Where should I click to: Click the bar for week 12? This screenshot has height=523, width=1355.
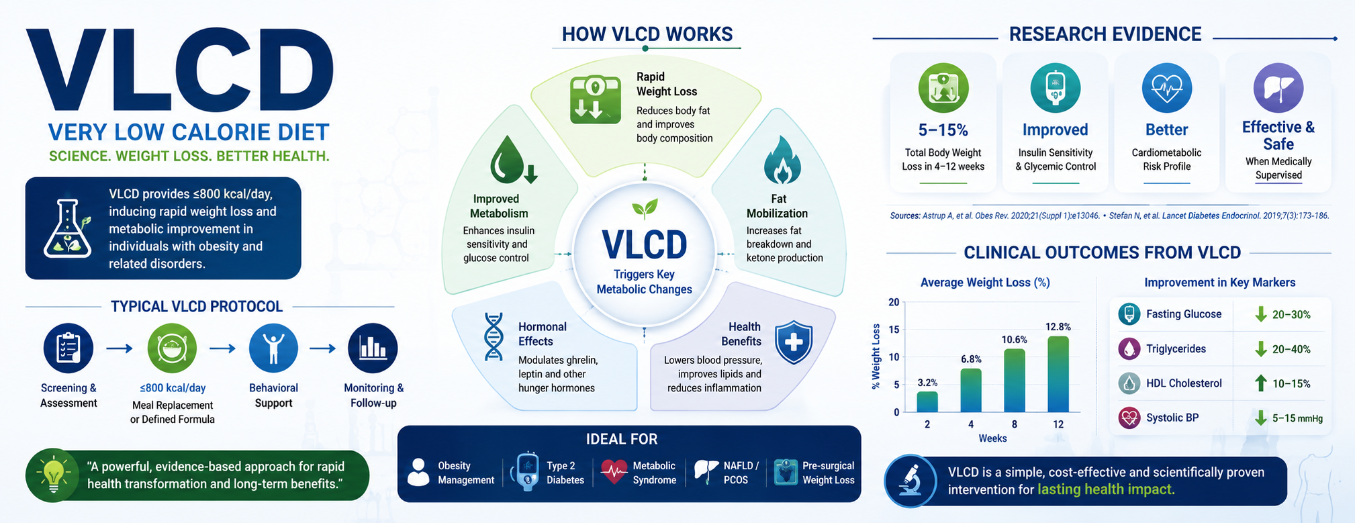point(1058,374)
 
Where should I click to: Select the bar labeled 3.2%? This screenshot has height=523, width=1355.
point(927,401)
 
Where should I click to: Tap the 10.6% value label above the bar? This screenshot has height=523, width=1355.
point(1015,340)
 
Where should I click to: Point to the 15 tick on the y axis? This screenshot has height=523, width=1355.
point(894,330)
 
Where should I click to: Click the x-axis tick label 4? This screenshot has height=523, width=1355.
point(971,424)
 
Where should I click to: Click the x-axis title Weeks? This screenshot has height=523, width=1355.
point(992,438)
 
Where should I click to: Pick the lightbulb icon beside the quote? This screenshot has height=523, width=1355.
point(53,475)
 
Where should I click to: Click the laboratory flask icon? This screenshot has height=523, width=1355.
point(67,229)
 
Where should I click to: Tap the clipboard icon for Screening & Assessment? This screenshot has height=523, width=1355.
point(68,348)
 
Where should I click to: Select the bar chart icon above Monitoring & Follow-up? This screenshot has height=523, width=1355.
point(373,348)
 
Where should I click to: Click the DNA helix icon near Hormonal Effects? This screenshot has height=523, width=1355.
point(494,336)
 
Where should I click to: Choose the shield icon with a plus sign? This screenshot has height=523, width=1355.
point(794,342)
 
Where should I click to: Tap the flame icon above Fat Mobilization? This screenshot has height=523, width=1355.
point(782,160)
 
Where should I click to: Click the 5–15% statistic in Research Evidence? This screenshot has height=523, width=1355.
point(943,130)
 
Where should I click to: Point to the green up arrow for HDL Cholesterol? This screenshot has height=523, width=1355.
point(1261,383)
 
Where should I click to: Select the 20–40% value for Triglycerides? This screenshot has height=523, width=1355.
point(1291,349)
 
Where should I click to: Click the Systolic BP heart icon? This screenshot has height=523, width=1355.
point(1129,418)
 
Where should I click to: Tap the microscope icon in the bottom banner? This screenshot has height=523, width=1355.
point(910,481)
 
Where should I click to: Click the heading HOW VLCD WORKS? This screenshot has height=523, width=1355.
point(647,34)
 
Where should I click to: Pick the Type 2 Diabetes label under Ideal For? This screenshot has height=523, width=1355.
point(565,473)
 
